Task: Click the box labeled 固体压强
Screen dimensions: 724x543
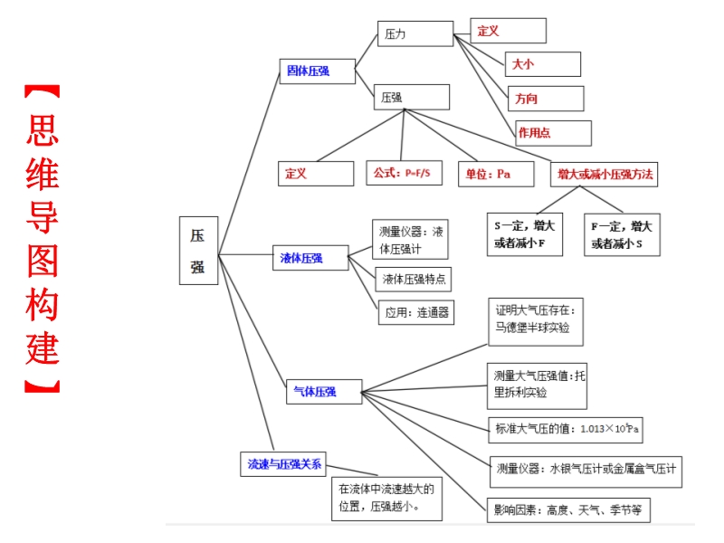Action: tap(318, 71)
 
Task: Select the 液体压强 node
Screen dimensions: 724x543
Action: tap(310, 258)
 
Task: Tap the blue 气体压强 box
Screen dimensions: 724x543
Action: tap(324, 392)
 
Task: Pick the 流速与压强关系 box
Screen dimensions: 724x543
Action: tap(283, 464)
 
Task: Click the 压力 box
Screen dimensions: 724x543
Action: tap(415, 33)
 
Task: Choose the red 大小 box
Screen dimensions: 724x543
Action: tap(542, 64)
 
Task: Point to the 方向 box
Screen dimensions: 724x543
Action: tap(546, 99)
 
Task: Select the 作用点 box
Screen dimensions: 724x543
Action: tap(553, 133)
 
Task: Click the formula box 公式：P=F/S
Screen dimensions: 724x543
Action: tap(404, 173)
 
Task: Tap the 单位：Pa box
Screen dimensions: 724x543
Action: tap(496, 174)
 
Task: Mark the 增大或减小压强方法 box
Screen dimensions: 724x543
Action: tap(604, 174)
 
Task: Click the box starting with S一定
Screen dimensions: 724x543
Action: tap(525, 234)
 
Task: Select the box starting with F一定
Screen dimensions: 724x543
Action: tap(622, 234)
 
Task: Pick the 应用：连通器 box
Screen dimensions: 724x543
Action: tap(416, 312)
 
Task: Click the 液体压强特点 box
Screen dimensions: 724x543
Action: tap(414, 279)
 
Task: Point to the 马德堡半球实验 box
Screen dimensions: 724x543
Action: tap(536, 322)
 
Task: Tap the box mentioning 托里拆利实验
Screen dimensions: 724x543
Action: tap(537, 386)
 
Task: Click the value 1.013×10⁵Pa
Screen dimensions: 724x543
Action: tap(609, 428)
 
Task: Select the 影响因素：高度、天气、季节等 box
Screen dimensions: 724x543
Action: tap(568, 510)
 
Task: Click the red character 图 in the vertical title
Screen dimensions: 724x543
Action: tap(43, 262)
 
